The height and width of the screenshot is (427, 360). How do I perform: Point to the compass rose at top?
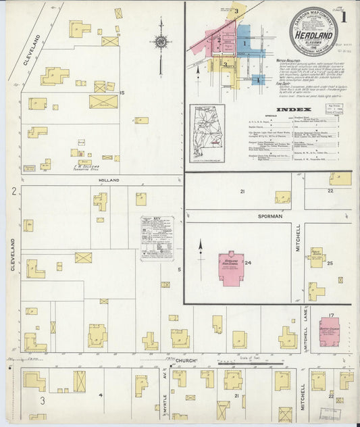coord(161,42)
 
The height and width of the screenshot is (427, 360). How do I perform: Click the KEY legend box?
coord(157,238)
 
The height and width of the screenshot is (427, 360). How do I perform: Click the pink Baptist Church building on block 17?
coord(330,331)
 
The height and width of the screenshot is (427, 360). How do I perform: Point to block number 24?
coord(248,263)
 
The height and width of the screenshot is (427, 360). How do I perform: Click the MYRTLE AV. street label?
coord(164,392)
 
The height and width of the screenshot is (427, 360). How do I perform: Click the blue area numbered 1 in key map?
coord(244,42)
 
